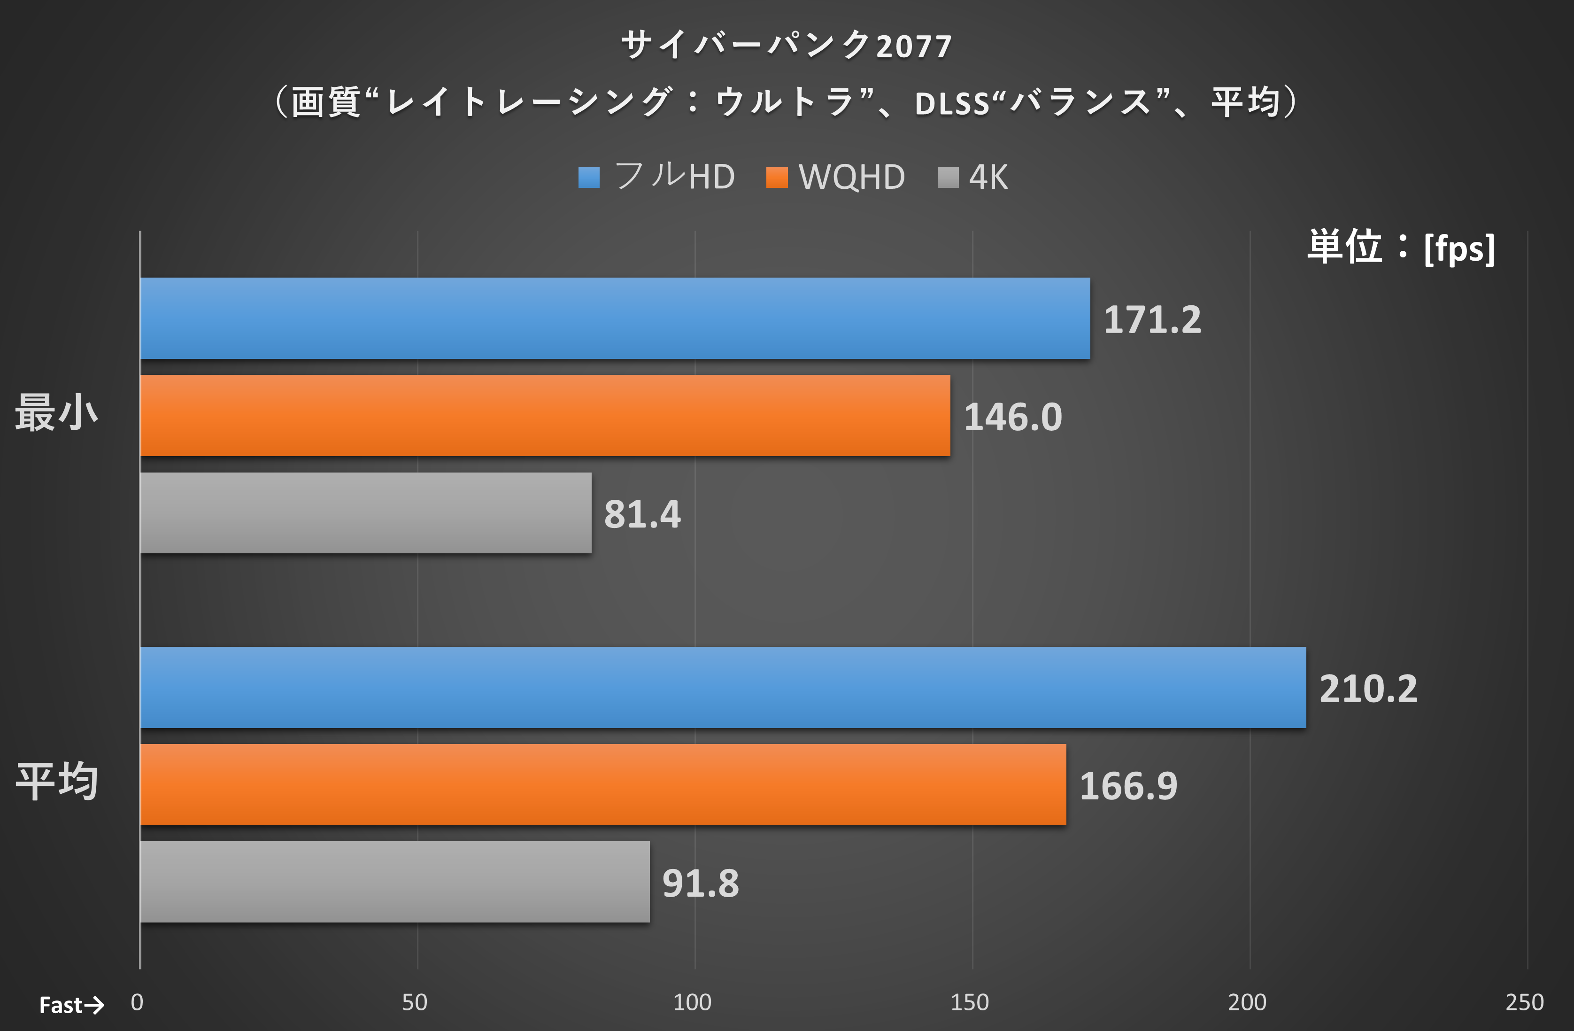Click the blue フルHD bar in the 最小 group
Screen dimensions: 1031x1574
click(615, 318)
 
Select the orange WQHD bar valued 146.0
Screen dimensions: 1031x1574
click(545, 415)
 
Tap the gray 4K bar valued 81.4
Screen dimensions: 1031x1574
click(366, 512)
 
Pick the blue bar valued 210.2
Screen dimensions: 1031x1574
click(723, 687)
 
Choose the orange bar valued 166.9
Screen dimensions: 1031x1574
click(603, 784)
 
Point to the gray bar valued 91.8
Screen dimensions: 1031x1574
click(395, 882)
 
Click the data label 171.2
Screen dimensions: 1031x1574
click(1152, 320)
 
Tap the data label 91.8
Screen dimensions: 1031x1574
click(700, 884)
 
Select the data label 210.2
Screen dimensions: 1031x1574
click(1368, 689)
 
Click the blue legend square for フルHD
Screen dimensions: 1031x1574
click(588, 177)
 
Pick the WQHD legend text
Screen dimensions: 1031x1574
click(852, 177)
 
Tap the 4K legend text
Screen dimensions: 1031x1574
click(988, 177)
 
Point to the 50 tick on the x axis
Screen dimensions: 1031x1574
click(415, 1002)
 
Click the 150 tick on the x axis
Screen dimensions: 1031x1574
click(970, 1002)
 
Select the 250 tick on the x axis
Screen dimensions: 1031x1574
click(1524, 1002)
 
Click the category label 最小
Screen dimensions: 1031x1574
click(57, 413)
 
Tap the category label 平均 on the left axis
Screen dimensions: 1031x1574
click(57, 781)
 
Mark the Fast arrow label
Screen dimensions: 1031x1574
click(71, 1005)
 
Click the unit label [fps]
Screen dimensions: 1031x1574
click(1459, 248)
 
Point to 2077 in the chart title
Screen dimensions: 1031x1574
click(914, 47)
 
